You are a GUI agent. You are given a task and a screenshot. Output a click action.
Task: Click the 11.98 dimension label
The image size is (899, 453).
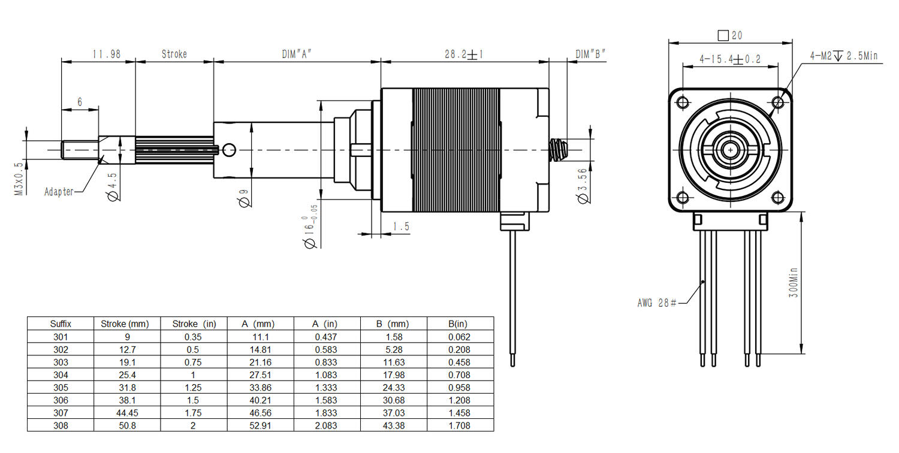pyautogui.click(x=106, y=54)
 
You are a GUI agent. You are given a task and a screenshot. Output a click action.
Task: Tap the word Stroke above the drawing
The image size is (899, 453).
pyautogui.click(x=174, y=54)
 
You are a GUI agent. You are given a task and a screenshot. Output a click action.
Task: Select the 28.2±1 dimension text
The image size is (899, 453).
pyautogui.click(x=464, y=54)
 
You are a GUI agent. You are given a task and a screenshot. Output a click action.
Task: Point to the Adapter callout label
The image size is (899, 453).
pyautogui.click(x=59, y=192)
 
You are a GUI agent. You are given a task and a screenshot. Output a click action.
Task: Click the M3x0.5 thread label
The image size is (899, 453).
pyautogui.click(x=19, y=179)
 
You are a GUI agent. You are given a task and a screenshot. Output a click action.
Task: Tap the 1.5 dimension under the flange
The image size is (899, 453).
pyautogui.click(x=401, y=226)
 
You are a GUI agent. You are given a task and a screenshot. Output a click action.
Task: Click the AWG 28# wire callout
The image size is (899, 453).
pyautogui.click(x=657, y=303)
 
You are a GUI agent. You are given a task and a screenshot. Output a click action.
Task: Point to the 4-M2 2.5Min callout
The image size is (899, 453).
pyautogui.click(x=843, y=56)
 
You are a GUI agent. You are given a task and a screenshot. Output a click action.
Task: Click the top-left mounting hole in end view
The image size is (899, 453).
pyautogui.click(x=682, y=102)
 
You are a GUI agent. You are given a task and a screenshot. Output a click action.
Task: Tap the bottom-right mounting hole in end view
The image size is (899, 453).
pyautogui.click(x=778, y=197)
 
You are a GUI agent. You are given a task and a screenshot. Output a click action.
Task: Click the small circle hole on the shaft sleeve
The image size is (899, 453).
pyautogui.click(x=230, y=148)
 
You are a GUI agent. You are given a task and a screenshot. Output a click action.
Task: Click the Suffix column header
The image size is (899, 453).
pyautogui.click(x=61, y=324)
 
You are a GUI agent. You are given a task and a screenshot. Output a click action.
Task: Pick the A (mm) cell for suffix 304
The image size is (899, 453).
pyautogui.click(x=261, y=375)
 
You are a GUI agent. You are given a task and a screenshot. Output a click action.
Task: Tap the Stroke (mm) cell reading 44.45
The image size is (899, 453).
pyautogui.click(x=129, y=413)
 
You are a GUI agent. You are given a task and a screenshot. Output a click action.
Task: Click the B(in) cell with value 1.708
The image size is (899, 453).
pyautogui.click(x=460, y=425)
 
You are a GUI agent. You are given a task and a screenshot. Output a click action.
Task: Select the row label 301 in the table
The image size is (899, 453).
pyautogui.click(x=61, y=337)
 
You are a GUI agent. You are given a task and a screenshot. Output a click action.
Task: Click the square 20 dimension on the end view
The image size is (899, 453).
pyautogui.click(x=729, y=35)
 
